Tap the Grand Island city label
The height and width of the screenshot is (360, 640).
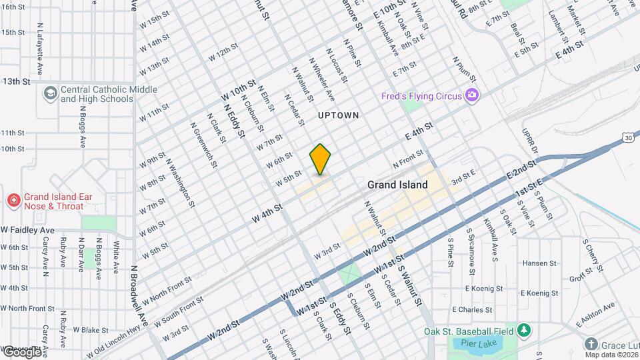pyautogui.click(x=397, y=185)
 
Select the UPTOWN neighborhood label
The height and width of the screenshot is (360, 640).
pyautogui.click(x=339, y=115)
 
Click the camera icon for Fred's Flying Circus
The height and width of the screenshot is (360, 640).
pyautogui.click(x=472, y=96)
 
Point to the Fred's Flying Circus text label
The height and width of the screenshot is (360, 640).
pyautogui.click(x=422, y=96)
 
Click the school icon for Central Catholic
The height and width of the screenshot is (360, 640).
pyautogui.click(x=50, y=93)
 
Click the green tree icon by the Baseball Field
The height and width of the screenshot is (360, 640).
pyautogui.click(x=524, y=331)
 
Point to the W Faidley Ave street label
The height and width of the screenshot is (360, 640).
pyautogui.click(x=28, y=230)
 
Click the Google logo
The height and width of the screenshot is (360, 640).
pyautogui.click(x=21, y=351)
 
